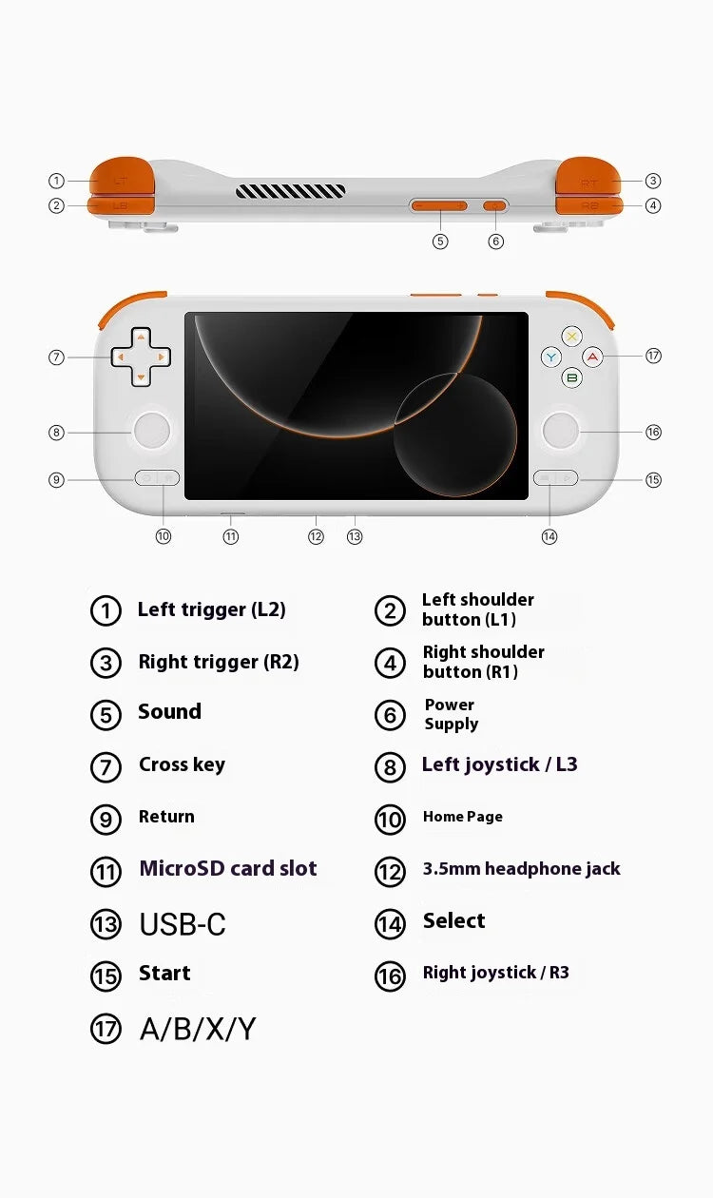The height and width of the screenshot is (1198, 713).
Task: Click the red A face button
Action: pyautogui.click(x=593, y=357)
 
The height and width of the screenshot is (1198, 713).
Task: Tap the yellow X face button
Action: pyautogui.click(x=571, y=337)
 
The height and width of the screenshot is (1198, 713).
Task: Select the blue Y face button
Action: pyautogui.click(x=551, y=357)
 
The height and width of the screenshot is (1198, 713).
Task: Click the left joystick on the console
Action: pyautogui.click(x=151, y=432)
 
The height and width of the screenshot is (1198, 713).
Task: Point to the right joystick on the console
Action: pyautogui.click(x=561, y=432)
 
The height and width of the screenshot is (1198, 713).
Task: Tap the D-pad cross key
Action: pyautogui.click(x=141, y=357)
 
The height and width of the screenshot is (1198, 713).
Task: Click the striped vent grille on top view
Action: pyautogui.click(x=291, y=191)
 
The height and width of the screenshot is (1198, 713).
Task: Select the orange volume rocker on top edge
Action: pyautogui.click(x=438, y=205)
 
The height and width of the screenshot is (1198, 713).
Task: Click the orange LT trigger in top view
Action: pyautogui.click(x=121, y=177)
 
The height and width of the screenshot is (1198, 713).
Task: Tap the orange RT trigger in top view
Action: pyautogui.click(x=588, y=178)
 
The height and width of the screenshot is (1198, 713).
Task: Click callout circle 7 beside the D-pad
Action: pyautogui.click(x=56, y=357)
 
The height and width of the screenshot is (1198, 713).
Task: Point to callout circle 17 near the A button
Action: pyautogui.click(x=653, y=356)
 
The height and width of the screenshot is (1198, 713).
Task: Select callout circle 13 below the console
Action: pyautogui.click(x=355, y=536)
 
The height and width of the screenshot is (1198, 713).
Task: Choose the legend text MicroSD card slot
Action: pyautogui.click(x=228, y=868)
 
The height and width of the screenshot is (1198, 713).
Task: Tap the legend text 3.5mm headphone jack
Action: pyautogui.click(x=521, y=869)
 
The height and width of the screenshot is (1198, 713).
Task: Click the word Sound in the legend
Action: pyautogui.click(x=169, y=712)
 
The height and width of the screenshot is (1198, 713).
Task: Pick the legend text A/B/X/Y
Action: pyautogui.click(x=198, y=1029)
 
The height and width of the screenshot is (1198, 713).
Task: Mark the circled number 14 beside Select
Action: pyautogui.click(x=390, y=924)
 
